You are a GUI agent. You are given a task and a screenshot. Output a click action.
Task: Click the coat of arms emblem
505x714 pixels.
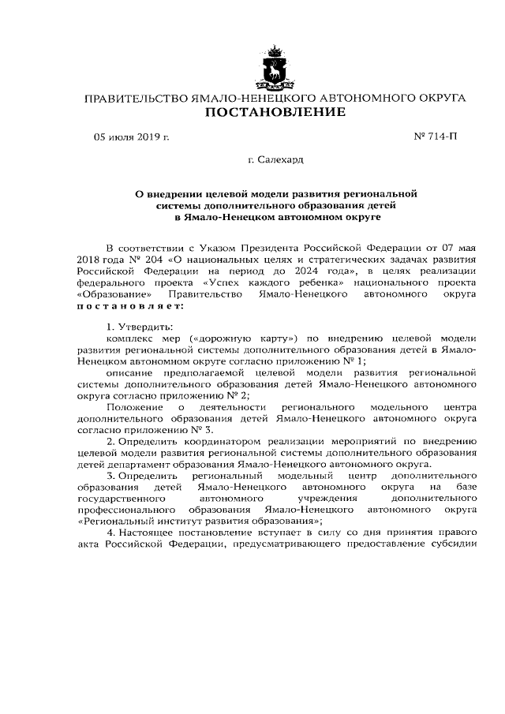(275, 69)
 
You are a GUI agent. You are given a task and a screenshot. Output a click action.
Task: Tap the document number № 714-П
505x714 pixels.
(435, 138)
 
